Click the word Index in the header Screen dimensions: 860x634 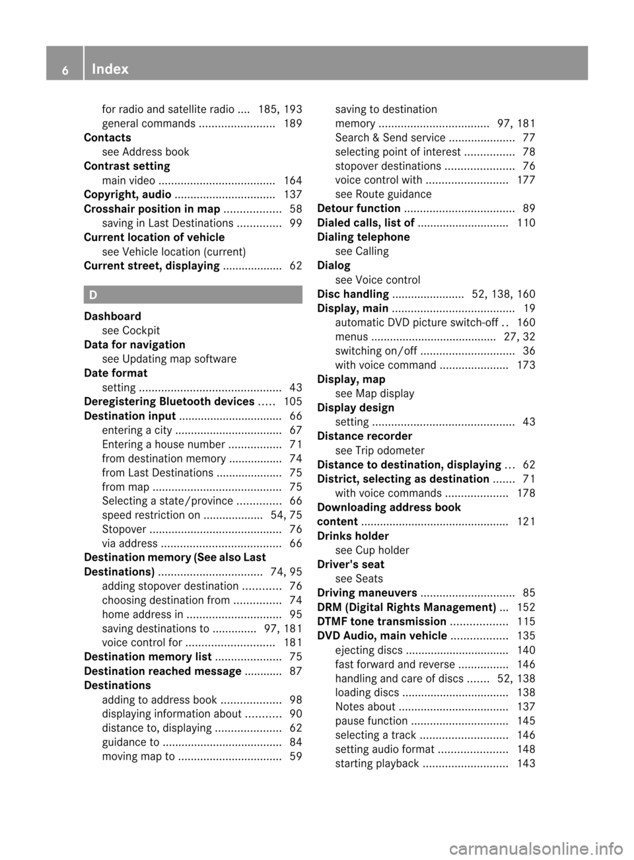(110, 69)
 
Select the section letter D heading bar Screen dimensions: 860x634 (193, 295)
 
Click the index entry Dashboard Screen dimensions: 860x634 (112, 316)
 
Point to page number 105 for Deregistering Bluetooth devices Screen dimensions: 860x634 (293, 402)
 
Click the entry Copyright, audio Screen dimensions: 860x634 (127, 194)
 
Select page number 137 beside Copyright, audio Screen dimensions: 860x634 (293, 194)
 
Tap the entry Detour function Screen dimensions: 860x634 (359, 209)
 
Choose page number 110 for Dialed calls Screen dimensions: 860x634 (526, 223)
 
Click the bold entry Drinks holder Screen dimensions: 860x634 (353, 536)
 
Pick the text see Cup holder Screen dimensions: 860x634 (372, 550)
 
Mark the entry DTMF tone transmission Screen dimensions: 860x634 (382, 622)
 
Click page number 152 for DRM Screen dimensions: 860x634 (526, 607)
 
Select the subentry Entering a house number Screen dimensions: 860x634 (164, 445)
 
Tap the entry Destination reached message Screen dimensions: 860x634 (162, 671)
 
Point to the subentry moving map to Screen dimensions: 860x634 (139, 756)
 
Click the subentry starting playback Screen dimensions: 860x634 (377, 764)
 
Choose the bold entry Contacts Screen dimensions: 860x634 (108, 137)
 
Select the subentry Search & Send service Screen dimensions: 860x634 (390, 137)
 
